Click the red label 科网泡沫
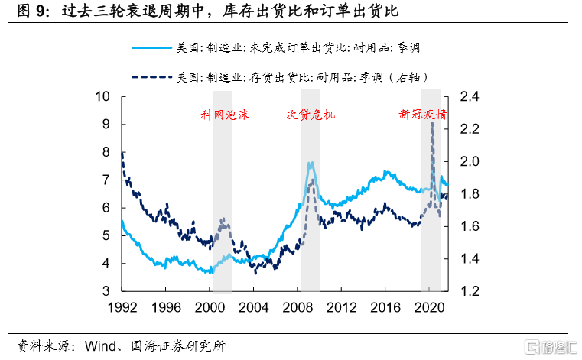[x=225, y=115]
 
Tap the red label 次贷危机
[x=311, y=115]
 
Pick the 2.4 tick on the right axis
[x=470, y=96]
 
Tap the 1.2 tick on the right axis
[x=470, y=291]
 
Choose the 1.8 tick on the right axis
[x=470, y=194]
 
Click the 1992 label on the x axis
[x=122, y=307]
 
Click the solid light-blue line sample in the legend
[x=151, y=47]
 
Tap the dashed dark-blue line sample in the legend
[x=151, y=77]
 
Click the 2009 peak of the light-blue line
[x=310, y=163]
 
